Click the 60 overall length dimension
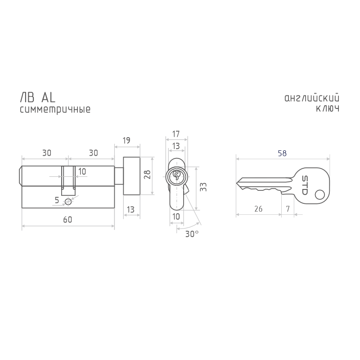[68, 220]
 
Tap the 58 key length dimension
[282, 153]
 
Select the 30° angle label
[192, 234]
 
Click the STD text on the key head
[305, 185]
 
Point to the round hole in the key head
[319, 195]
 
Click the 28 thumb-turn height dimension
[147, 175]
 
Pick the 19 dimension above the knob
[126, 140]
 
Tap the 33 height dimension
[203, 187]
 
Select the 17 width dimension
[176, 134]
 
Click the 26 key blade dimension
[258, 209]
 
